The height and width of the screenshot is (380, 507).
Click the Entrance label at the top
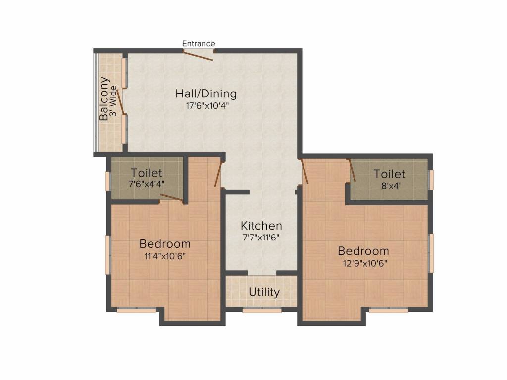[199, 44]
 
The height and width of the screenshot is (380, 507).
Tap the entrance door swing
[198, 55]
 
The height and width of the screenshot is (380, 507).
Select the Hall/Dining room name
[206, 94]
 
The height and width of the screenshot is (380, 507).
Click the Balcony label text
[104, 99]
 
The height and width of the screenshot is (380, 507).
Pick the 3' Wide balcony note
[114, 101]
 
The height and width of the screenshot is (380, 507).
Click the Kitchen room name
[261, 226]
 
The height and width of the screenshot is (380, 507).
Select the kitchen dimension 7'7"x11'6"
[261, 237]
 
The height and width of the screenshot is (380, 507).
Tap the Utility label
[264, 292]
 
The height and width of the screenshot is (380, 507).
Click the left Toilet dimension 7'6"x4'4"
[146, 183]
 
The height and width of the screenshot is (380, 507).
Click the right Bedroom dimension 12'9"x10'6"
[363, 262]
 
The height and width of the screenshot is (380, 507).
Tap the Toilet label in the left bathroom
[146, 173]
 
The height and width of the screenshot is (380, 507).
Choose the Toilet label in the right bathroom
[389, 174]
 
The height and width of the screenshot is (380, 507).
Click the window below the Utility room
[262, 311]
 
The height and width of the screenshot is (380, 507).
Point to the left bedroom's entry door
[218, 174]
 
